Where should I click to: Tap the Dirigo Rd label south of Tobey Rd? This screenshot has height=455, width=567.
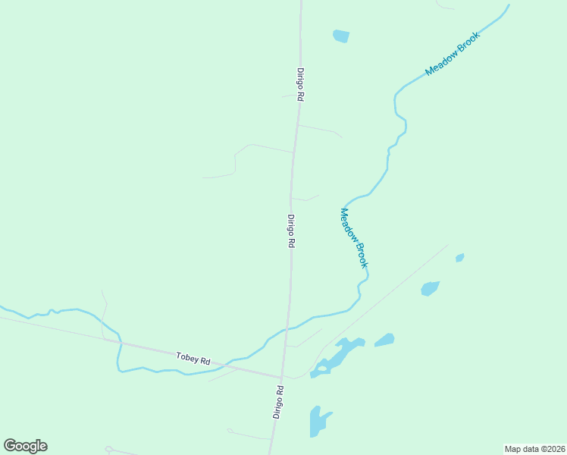279,402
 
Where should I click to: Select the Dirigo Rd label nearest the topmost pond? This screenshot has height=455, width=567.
300,84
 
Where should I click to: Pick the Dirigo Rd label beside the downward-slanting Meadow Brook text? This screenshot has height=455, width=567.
290,232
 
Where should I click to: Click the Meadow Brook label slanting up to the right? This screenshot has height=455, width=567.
453,53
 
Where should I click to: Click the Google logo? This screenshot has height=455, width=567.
25,446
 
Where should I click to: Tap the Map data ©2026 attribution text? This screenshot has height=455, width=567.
534,448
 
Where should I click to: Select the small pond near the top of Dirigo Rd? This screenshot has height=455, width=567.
341,36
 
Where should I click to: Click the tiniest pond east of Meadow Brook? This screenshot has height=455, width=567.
459,258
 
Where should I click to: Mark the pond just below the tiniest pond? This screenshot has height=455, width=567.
430,288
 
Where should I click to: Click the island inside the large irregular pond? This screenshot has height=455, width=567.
323,369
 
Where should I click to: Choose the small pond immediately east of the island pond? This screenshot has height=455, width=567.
384,340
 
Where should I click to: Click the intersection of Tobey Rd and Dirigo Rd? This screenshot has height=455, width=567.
281,377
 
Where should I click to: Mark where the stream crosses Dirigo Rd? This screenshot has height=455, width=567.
286,329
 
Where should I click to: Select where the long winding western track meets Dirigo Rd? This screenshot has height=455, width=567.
293,152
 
